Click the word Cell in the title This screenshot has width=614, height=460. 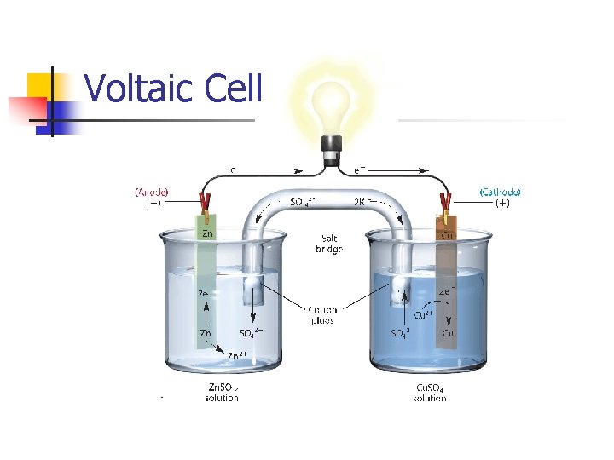231,88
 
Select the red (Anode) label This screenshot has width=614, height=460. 152,192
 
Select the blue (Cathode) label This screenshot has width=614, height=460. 500,192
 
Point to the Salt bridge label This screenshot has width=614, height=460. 328,244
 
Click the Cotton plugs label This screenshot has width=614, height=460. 322,315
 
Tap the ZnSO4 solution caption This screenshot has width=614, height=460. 222,393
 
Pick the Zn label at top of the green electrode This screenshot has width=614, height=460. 206,232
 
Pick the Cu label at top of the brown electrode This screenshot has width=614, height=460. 446,232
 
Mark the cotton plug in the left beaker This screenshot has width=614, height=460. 252,290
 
